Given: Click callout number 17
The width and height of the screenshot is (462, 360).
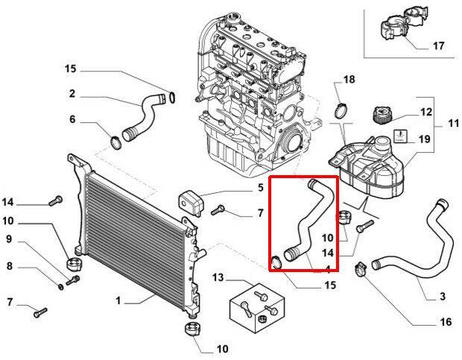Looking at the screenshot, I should coord(438,45).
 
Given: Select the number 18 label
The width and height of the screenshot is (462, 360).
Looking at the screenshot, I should coord(349,80).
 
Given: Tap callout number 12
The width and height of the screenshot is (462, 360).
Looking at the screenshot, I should coord(425,112).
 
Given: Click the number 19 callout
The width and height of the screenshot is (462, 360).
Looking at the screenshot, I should coord(425,139).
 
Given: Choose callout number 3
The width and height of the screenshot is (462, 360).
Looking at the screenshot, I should coord(442,297).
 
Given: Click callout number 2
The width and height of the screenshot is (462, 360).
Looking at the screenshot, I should coord(72,94).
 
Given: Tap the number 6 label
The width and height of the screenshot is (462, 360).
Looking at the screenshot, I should coord(72,119).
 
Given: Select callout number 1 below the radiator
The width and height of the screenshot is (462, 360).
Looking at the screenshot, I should coord(118,301).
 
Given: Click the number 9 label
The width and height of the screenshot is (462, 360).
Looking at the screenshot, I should coord(9,239).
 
